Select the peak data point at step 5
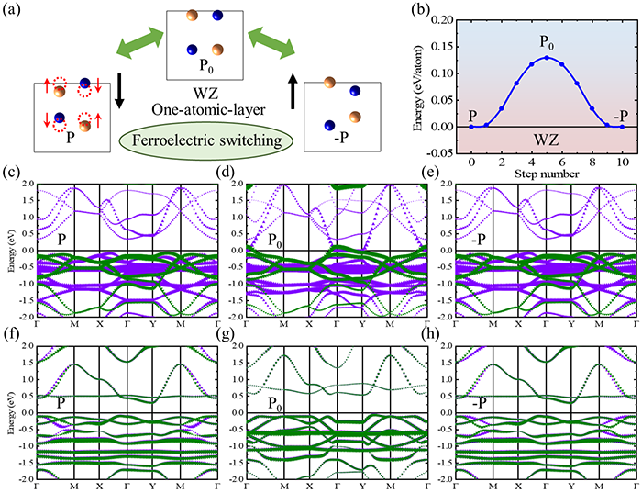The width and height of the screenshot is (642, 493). (x=547, y=58)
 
